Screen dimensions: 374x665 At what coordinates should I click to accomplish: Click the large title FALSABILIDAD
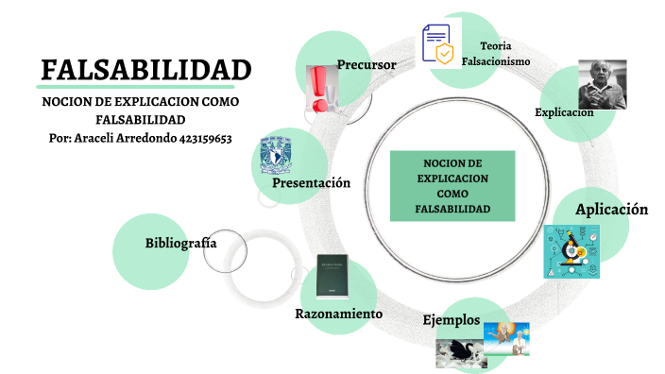[x=146, y=71]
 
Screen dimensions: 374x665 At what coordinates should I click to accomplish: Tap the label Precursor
[x=366, y=64]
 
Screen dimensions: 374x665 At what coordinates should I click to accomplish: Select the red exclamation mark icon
[x=321, y=90]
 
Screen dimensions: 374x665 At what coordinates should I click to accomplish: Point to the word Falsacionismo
[x=496, y=61]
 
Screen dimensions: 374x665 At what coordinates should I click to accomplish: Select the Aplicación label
[x=611, y=209]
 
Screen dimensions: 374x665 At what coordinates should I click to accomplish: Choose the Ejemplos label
[x=451, y=319]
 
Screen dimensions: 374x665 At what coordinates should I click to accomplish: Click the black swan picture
[x=461, y=352]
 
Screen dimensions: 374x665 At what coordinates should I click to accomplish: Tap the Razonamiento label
[x=338, y=313]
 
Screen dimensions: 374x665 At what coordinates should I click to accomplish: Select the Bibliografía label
[x=180, y=243]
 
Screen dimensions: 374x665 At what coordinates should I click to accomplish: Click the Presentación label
[x=311, y=183]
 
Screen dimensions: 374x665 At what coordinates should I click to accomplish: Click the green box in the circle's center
[x=452, y=184]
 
